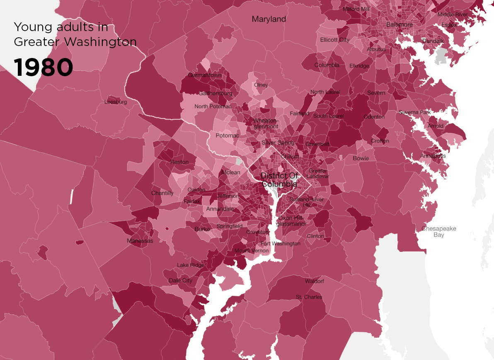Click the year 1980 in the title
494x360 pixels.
[x=44, y=68]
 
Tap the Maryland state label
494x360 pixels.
[x=269, y=19]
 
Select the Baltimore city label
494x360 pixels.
[x=399, y=24]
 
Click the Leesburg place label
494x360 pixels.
[x=116, y=102]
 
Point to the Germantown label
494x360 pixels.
[x=205, y=75]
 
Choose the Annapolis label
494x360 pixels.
[x=433, y=156]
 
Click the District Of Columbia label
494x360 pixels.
[x=279, y=180]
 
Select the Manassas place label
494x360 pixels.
[x=140, y=241]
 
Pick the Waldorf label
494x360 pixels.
[x=315, y=281]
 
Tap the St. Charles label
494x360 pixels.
[x=309, y=297]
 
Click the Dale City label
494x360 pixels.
[x=181, y=280]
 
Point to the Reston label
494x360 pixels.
[x=179, y=162]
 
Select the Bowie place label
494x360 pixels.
[x=361, y=158]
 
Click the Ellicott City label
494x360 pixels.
[x=334, y=40]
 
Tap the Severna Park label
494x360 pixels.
[x=415, y=112]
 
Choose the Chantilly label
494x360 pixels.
[x=162, y=193]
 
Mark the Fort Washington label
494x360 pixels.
[x=280, y=244]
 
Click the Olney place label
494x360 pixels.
[x=261, y=85]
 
